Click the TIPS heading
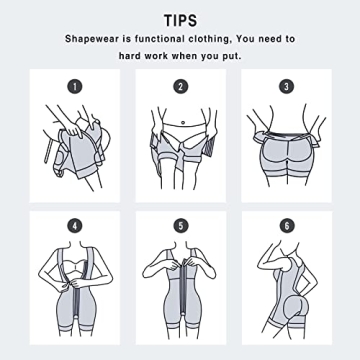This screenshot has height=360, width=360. [180, 20]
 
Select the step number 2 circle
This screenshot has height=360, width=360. [181, 86]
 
